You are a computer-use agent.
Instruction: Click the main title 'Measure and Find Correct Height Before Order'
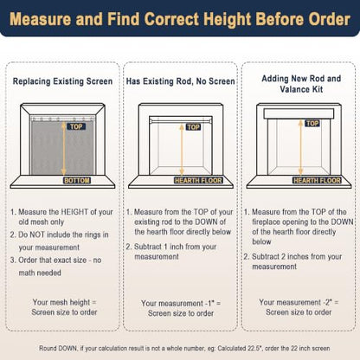coord(180,19)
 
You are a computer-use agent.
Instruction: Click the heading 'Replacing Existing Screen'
coord(62,81)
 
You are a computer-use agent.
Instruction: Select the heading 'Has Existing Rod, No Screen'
coord(181,81)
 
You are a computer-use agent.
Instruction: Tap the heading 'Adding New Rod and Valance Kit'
coord(301,84)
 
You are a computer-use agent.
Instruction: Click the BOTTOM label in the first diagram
coord(77,181)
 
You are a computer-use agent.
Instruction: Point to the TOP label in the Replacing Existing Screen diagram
coord(76,126)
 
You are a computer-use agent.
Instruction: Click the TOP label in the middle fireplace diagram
coord(193,127)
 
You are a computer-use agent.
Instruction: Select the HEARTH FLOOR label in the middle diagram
coord(198,181)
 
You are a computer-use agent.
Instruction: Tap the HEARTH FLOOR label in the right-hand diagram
coord(317,181)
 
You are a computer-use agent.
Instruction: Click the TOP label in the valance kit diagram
coord(312,124)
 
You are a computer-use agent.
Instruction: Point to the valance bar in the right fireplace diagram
coord(299,113)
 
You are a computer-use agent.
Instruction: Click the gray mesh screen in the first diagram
coord(62,148)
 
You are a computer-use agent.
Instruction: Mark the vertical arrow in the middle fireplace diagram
coord(182,150)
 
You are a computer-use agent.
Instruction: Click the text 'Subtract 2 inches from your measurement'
coord(293,261)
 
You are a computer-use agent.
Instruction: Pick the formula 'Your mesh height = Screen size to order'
coord(64,307)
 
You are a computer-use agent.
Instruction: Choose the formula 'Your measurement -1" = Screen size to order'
coord(181,308)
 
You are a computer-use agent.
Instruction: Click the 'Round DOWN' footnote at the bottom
coord(184,349)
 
